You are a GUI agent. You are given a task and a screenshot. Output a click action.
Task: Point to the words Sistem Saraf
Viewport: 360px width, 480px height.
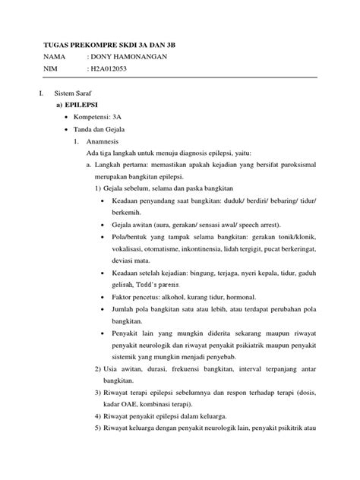pyautogui.click(x=66, y=91)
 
